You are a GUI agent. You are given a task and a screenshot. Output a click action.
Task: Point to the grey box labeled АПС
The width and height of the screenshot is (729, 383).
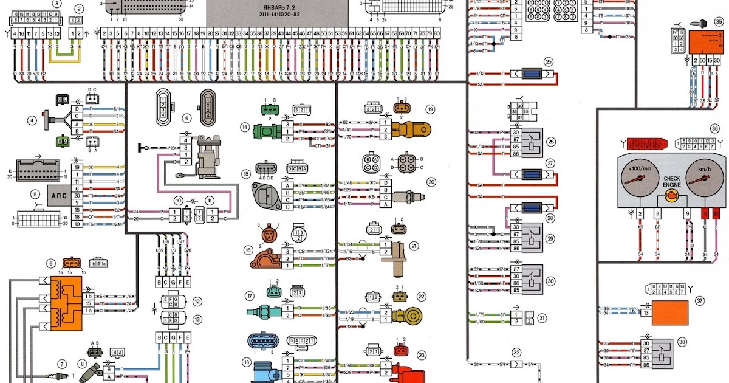click(x=58, y=195)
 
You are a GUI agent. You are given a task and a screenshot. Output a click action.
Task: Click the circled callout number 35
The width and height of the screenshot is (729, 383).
click(x=719, y=22)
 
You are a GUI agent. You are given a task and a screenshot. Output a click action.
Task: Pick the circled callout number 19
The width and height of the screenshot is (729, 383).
click(x=430, y=109)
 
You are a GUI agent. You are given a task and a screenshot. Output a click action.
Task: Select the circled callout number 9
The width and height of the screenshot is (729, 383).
click(x=187, y=118)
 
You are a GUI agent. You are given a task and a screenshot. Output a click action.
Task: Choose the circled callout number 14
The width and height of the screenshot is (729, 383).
click(x=245, y=127)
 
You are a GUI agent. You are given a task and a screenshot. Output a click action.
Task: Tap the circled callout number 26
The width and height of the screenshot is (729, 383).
click(x=551, y=143)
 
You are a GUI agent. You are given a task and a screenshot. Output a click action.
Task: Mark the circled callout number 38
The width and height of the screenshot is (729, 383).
click(x=682, y=342)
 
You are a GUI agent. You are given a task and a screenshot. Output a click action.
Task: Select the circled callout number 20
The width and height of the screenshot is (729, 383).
click(x=431, y=182)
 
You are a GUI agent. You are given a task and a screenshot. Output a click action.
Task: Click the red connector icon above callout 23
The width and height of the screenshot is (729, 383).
click(x=401, y=351)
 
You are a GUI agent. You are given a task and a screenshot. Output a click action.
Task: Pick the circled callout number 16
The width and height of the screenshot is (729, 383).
click(x=248, y=249)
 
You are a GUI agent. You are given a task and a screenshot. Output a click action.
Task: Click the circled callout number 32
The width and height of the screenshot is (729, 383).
click(x=517, y=352)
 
